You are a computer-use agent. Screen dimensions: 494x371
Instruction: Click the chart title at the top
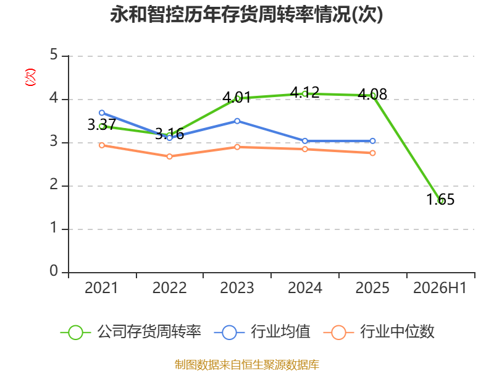tap(246, 14)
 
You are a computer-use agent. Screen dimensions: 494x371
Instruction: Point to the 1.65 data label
tap(440, 199)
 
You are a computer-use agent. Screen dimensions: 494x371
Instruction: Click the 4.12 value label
tap(304, 92)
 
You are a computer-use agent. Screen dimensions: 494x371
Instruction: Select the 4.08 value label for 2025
tap(372, 94)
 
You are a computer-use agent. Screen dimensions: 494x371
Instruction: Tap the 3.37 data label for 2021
tap(102, 125)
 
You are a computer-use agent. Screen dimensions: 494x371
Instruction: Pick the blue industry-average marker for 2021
tap(102, 113)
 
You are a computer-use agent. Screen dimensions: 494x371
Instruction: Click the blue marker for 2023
tap(237, 121)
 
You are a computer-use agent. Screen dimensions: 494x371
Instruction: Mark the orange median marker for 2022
tap(169, 156)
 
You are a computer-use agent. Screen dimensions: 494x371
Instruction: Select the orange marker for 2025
tap(372, 153)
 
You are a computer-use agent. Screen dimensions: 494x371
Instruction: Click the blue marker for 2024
tap(304, 141)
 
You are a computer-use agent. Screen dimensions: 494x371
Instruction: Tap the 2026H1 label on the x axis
tap(440, 288)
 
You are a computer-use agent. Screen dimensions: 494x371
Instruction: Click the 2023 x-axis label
tap(237, 288)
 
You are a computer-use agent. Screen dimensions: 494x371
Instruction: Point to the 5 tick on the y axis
tap(54, 55)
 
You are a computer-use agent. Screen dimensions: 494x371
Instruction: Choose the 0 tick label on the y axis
tap(54, 271)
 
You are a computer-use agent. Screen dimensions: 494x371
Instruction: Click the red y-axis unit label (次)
tap(30, 77)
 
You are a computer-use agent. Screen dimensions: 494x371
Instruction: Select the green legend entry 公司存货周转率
tap(130, 332)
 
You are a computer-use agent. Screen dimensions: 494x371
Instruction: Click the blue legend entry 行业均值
tap(262, 332)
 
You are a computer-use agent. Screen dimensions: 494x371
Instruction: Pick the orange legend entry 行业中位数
tap(379, 332)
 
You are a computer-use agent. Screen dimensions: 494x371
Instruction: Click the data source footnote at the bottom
tap(246, 365)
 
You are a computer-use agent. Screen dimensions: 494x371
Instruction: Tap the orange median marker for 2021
tap(102, 145)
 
